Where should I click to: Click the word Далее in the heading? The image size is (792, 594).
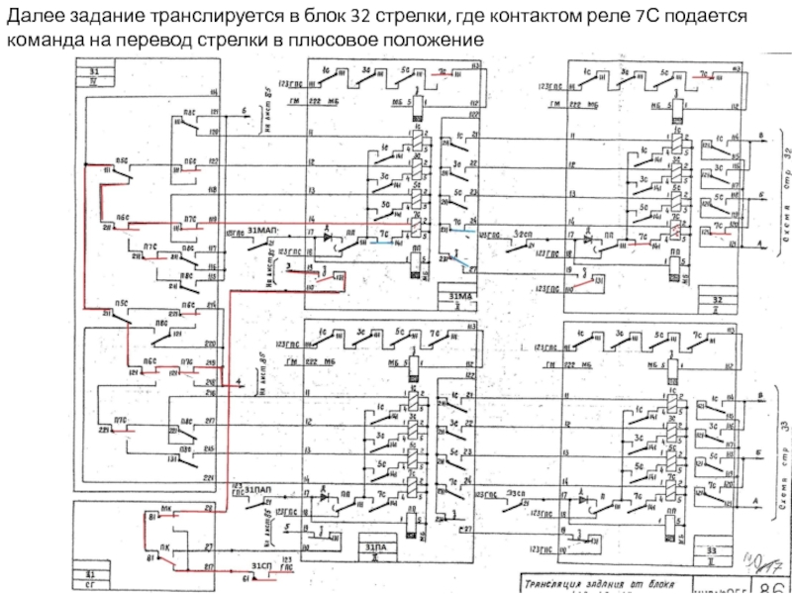click(33, 18)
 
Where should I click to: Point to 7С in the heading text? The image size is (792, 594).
click(641, 18)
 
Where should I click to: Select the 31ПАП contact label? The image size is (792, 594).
click(259, 489)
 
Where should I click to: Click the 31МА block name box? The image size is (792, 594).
click(460, 296)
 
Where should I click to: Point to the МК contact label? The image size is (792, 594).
click(165, 509)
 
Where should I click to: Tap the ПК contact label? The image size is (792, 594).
click(163, 546)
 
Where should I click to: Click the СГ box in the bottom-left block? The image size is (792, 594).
click(90, 584)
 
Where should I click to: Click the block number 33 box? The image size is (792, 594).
click(710, 549)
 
